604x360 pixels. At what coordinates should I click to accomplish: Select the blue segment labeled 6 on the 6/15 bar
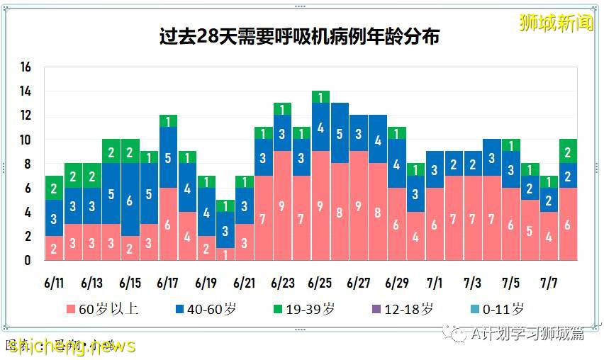[x=130, y=200]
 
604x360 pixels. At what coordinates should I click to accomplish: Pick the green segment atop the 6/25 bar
[x=320, y=97]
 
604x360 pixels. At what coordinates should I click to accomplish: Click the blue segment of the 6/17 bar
[x=168, y=157]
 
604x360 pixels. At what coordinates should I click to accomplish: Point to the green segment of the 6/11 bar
[x=54, y=188]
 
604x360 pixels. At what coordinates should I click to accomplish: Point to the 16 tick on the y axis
[x=26, y=67]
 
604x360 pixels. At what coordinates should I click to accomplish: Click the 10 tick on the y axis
[x=26, y=140]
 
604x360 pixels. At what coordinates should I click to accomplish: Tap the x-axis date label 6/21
[x=245, y=283]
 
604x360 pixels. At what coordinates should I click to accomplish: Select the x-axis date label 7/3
[x=474, y=283]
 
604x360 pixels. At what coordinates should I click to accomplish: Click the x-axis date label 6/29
[x=397, y=283]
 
